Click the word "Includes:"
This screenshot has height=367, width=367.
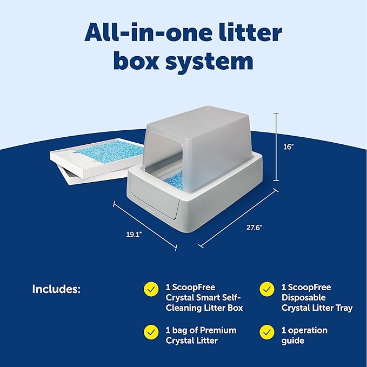[56, 289]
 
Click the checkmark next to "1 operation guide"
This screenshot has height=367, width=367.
[265, 331]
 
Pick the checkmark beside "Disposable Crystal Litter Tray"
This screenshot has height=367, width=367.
[265, 289]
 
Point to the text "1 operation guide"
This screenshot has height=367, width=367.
[304, 335]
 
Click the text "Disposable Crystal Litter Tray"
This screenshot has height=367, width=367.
[317, 303]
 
